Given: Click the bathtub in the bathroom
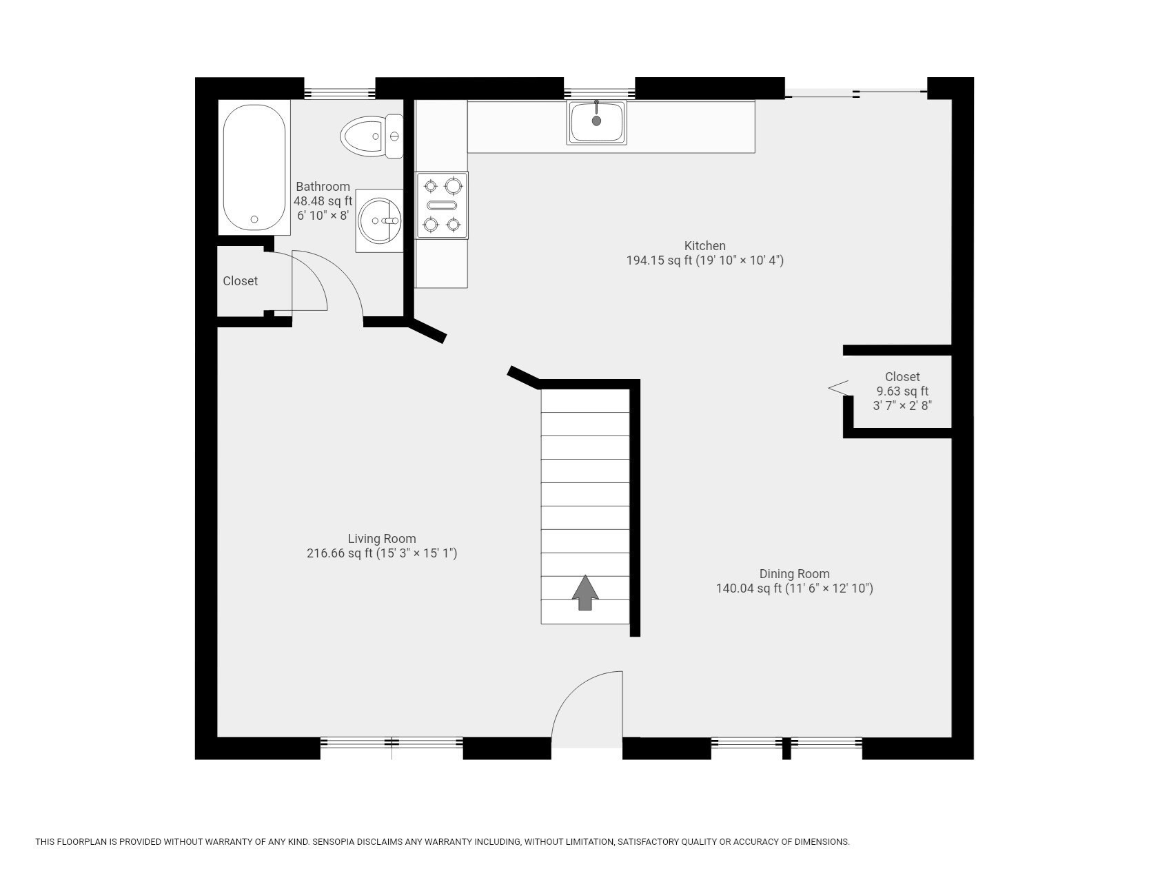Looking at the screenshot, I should (254, 167).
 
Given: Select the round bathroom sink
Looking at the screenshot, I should (380, 220).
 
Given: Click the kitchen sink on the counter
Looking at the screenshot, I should (596, 122).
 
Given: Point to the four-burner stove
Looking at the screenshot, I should (442, 205).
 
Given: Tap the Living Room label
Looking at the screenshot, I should (381, 539).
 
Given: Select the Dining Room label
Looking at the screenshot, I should (794, 573).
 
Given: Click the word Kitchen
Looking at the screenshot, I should (704, 245).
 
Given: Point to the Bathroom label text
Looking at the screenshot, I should (323, 187).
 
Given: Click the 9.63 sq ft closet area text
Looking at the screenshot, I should (902, 391).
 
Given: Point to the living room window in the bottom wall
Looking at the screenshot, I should (391, 743).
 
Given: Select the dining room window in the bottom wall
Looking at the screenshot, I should (786, 743).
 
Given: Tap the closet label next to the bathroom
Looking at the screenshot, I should (240, 281).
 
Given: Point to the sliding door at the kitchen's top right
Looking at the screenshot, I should (856, 93).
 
